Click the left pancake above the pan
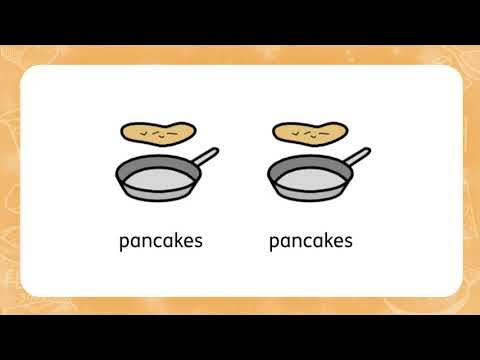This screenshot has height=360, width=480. (x=159, y=131)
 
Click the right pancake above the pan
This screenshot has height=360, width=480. (x=309, y=131)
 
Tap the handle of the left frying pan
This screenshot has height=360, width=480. (x=205, y=158)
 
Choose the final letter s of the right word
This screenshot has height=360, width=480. (x=348, y=242)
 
